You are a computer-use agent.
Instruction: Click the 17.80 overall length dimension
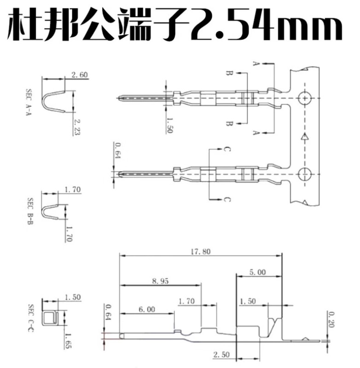[x=200, y=251]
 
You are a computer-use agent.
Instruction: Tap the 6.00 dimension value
[x=146, y=310]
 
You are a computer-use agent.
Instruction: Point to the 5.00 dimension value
[x=257, y=272]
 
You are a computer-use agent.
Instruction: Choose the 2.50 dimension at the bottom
[x=221, y=354]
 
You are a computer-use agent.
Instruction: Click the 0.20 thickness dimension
[x=331, y=321]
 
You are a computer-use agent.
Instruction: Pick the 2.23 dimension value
[x=77, y=126]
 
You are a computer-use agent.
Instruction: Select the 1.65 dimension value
[x=68, y=341]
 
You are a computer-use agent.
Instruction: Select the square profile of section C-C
[x=49, y=318]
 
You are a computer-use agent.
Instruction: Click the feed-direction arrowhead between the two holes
[x=304, y=137]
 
